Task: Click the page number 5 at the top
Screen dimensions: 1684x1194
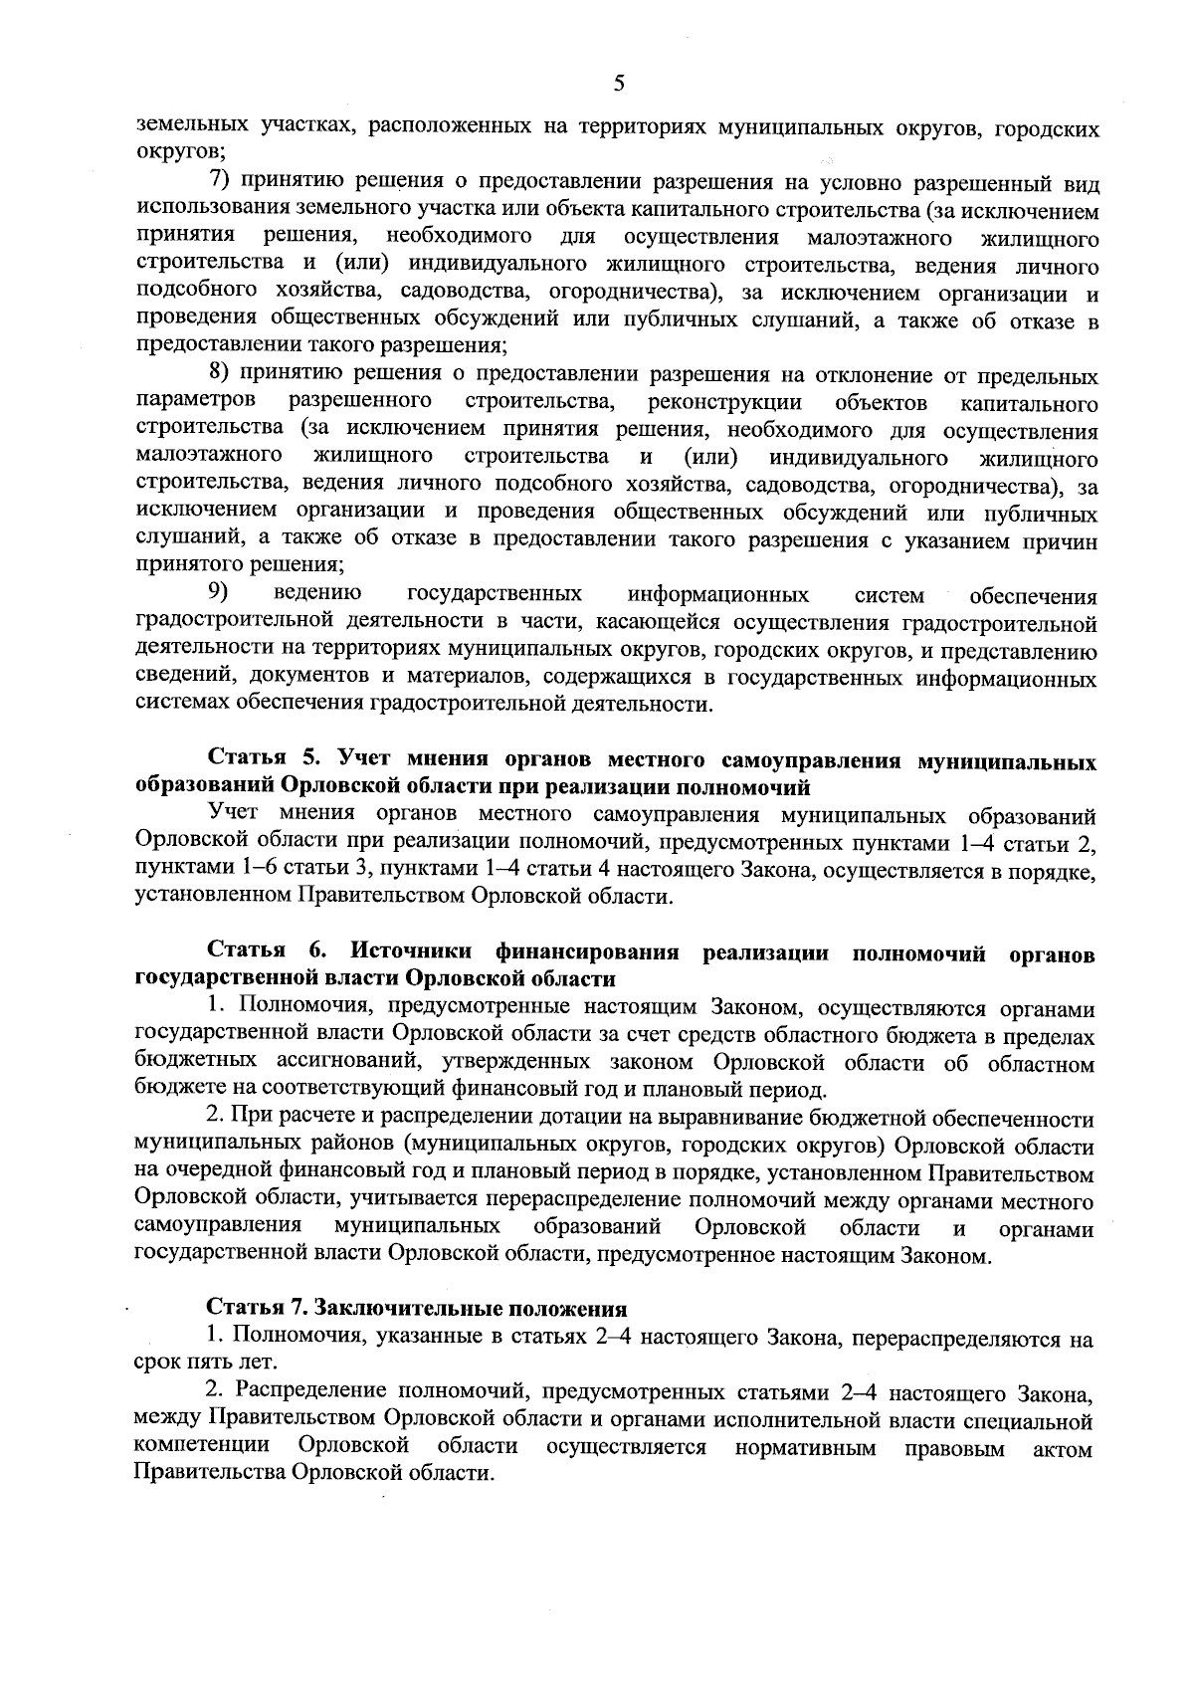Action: [x=618, y=84]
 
